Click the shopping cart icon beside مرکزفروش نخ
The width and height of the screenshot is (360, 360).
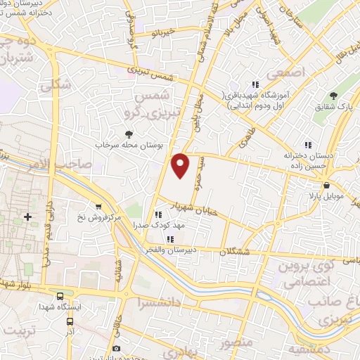tap(98, 207)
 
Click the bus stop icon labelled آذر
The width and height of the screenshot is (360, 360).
tap(69, 321)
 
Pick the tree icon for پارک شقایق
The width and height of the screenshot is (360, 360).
tap(334, 95)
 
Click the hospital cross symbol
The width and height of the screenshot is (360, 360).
tap(27, 217)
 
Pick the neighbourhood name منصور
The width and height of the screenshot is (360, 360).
tap(234, 345)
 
